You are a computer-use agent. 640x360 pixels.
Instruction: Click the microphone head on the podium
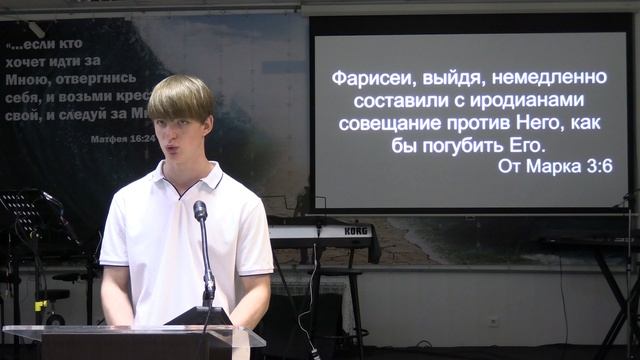coord(201,211)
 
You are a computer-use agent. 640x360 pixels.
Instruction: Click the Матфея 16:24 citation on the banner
coord(122,139)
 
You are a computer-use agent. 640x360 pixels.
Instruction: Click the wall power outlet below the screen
coord(492,321)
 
